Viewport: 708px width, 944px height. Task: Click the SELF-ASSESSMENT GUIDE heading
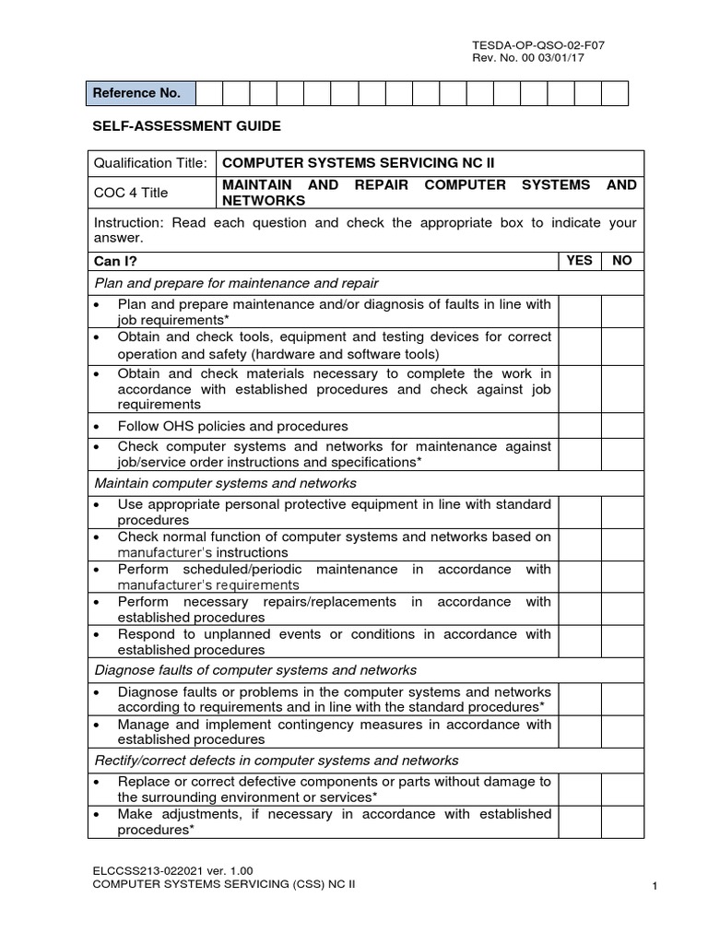coord(184,125)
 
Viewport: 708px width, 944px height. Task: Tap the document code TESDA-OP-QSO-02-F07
coord(538,44)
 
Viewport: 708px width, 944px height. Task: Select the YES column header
coord(579,261)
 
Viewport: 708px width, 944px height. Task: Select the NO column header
coord(622,261)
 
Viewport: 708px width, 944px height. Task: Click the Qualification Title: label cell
coord(151,163)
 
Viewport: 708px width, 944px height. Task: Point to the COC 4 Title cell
coord(151,193)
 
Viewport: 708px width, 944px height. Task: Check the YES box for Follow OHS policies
coord(579,426)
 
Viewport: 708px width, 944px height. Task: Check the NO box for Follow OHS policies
coord(622,426)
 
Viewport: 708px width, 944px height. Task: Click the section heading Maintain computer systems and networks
coord(226,483)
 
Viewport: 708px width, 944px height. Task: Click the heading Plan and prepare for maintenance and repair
coord(237,283)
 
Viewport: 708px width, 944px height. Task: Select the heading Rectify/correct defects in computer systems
coord(277,761)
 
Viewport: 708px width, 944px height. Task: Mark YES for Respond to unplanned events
coord(579,641)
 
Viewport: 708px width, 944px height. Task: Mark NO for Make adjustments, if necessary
coord(622,822)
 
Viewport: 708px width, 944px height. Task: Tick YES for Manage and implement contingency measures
coord(579,731)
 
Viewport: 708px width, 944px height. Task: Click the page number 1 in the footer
coord(654,886)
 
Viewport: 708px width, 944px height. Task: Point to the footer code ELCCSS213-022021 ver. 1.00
coord(172,869)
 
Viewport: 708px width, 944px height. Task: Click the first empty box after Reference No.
coord(209,93)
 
